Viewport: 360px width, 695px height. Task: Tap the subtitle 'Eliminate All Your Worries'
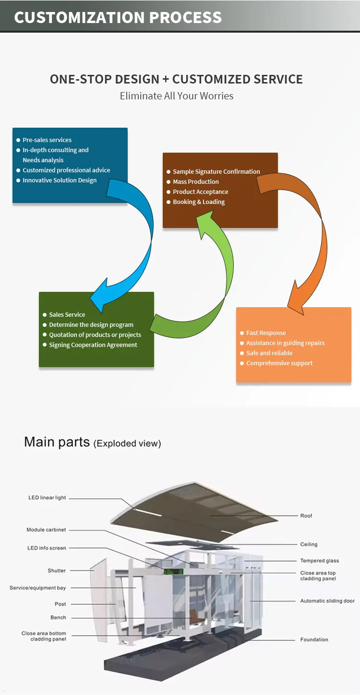(177, 96)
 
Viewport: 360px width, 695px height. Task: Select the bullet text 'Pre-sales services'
(47, 140)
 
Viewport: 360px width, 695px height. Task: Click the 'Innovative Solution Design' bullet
(60, 180)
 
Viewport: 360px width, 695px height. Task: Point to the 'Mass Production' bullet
(196, 181)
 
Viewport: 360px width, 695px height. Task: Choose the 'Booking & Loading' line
(199, 202)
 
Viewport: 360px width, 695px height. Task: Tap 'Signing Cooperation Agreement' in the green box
(93, 345)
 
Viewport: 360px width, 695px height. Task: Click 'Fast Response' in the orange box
(266, 333)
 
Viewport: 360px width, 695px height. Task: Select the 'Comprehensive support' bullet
(279, 363)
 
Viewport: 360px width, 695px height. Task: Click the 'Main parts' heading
(57, 442)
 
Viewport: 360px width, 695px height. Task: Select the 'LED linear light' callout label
(47, 498)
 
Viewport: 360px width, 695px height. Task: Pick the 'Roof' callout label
(306, 515)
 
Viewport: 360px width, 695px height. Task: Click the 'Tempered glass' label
(320, 561)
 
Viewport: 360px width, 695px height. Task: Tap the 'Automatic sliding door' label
(327, 601)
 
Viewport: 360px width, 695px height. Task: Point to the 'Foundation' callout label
(314, 639)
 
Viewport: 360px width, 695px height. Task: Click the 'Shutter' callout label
(57, 571)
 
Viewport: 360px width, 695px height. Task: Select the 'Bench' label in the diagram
(58, 617)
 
